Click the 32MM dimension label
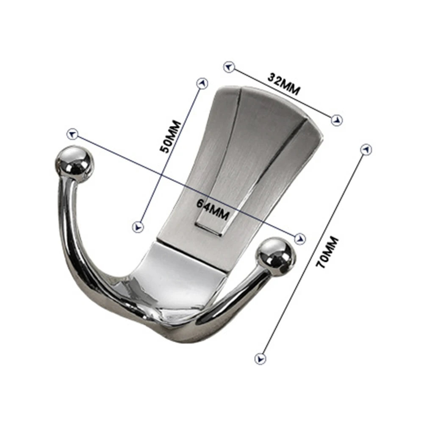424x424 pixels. (284, 84)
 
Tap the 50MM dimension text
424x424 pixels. (170, 136)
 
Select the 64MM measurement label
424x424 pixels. (213, 209)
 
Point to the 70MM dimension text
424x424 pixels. (327, 252)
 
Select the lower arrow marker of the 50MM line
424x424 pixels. (138, 227)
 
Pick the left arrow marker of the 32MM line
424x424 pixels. (229, 67)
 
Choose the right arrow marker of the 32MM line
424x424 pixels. (337, 120)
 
